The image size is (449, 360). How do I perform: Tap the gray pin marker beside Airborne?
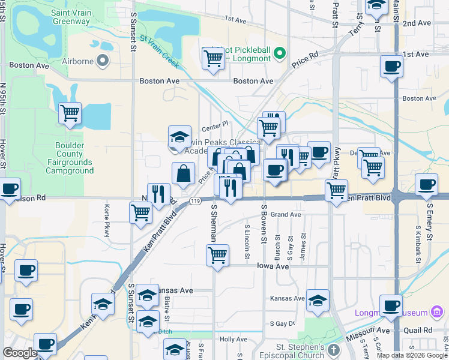pos(103,60)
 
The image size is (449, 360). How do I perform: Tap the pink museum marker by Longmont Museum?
pos(439,312)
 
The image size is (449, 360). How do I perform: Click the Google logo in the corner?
pos(20,353)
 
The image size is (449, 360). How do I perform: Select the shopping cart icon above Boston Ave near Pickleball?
pos(213,59)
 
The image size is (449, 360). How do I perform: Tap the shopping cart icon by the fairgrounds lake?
pos(70,112)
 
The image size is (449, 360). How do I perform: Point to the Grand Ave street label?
pos(286,214)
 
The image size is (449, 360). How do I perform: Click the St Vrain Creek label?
pos(160,47)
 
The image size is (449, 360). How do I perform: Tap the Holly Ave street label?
pos(234,339)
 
